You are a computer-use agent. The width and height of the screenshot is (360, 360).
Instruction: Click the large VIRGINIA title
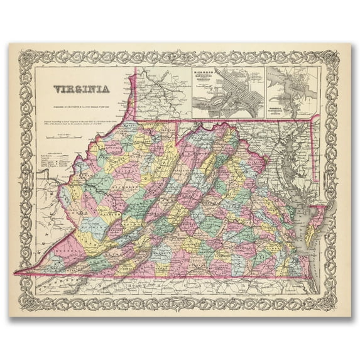point(81,89)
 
